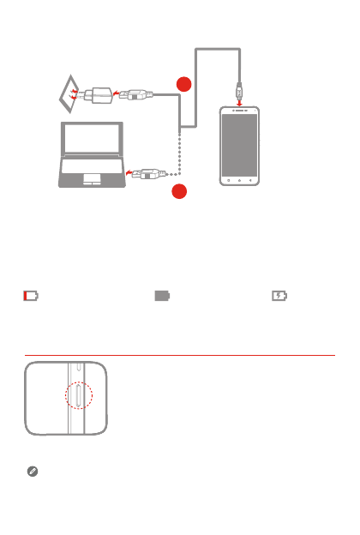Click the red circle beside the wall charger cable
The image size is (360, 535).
tap(182, 84)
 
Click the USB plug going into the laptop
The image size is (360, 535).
tap(147, 172)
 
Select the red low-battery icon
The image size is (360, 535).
tap(31, 296)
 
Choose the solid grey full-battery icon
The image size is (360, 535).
tap(163, 296)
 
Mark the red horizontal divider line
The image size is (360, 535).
tap(180, 354)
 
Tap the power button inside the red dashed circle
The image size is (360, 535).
tap(78, 400)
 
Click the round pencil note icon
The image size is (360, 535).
tap(30, 472)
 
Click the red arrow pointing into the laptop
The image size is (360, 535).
tap(130, 172)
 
